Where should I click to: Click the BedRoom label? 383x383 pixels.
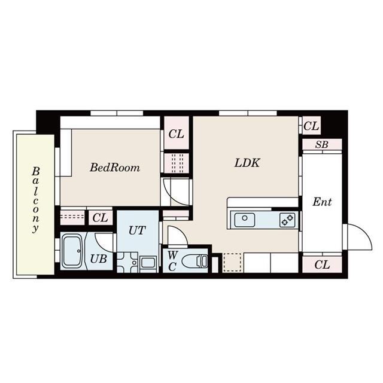pyautogui.click(x=115, y=168)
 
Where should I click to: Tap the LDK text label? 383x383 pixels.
pyautogui.click(x=247, y=162)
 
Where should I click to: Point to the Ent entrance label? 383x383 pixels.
pyautogui.click(x=322, y=202)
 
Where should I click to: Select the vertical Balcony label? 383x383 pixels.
pyautogui.click(x=36, y=199)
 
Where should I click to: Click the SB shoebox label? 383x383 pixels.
pyautogui.click(x=322, y=145)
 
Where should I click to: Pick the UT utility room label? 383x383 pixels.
pyautogui.click(x=137, y=230)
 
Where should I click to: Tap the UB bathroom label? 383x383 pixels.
pyautogui.click(x=99, y=259)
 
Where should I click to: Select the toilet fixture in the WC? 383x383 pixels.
pyautogui.click(x=196, y=261)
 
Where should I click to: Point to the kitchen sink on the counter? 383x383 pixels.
pyautogui.click(x=244, y=220)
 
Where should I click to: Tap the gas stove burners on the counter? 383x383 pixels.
pyautogui.click(x=287, y=220)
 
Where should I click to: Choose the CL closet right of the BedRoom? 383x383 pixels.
pyautogui.click(x=176, y=134)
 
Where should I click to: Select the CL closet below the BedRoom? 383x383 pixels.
pyautogui.click(x=101, y=218)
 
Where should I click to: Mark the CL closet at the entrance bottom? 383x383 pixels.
pyautogui.click(x=322, y=264)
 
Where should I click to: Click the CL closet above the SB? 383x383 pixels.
pyautogui.click(x=311, y=126)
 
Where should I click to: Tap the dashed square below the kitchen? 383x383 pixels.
pyautogui.click(x=233, y=263)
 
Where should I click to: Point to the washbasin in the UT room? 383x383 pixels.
pyautogui.click(x=148, y=262)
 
